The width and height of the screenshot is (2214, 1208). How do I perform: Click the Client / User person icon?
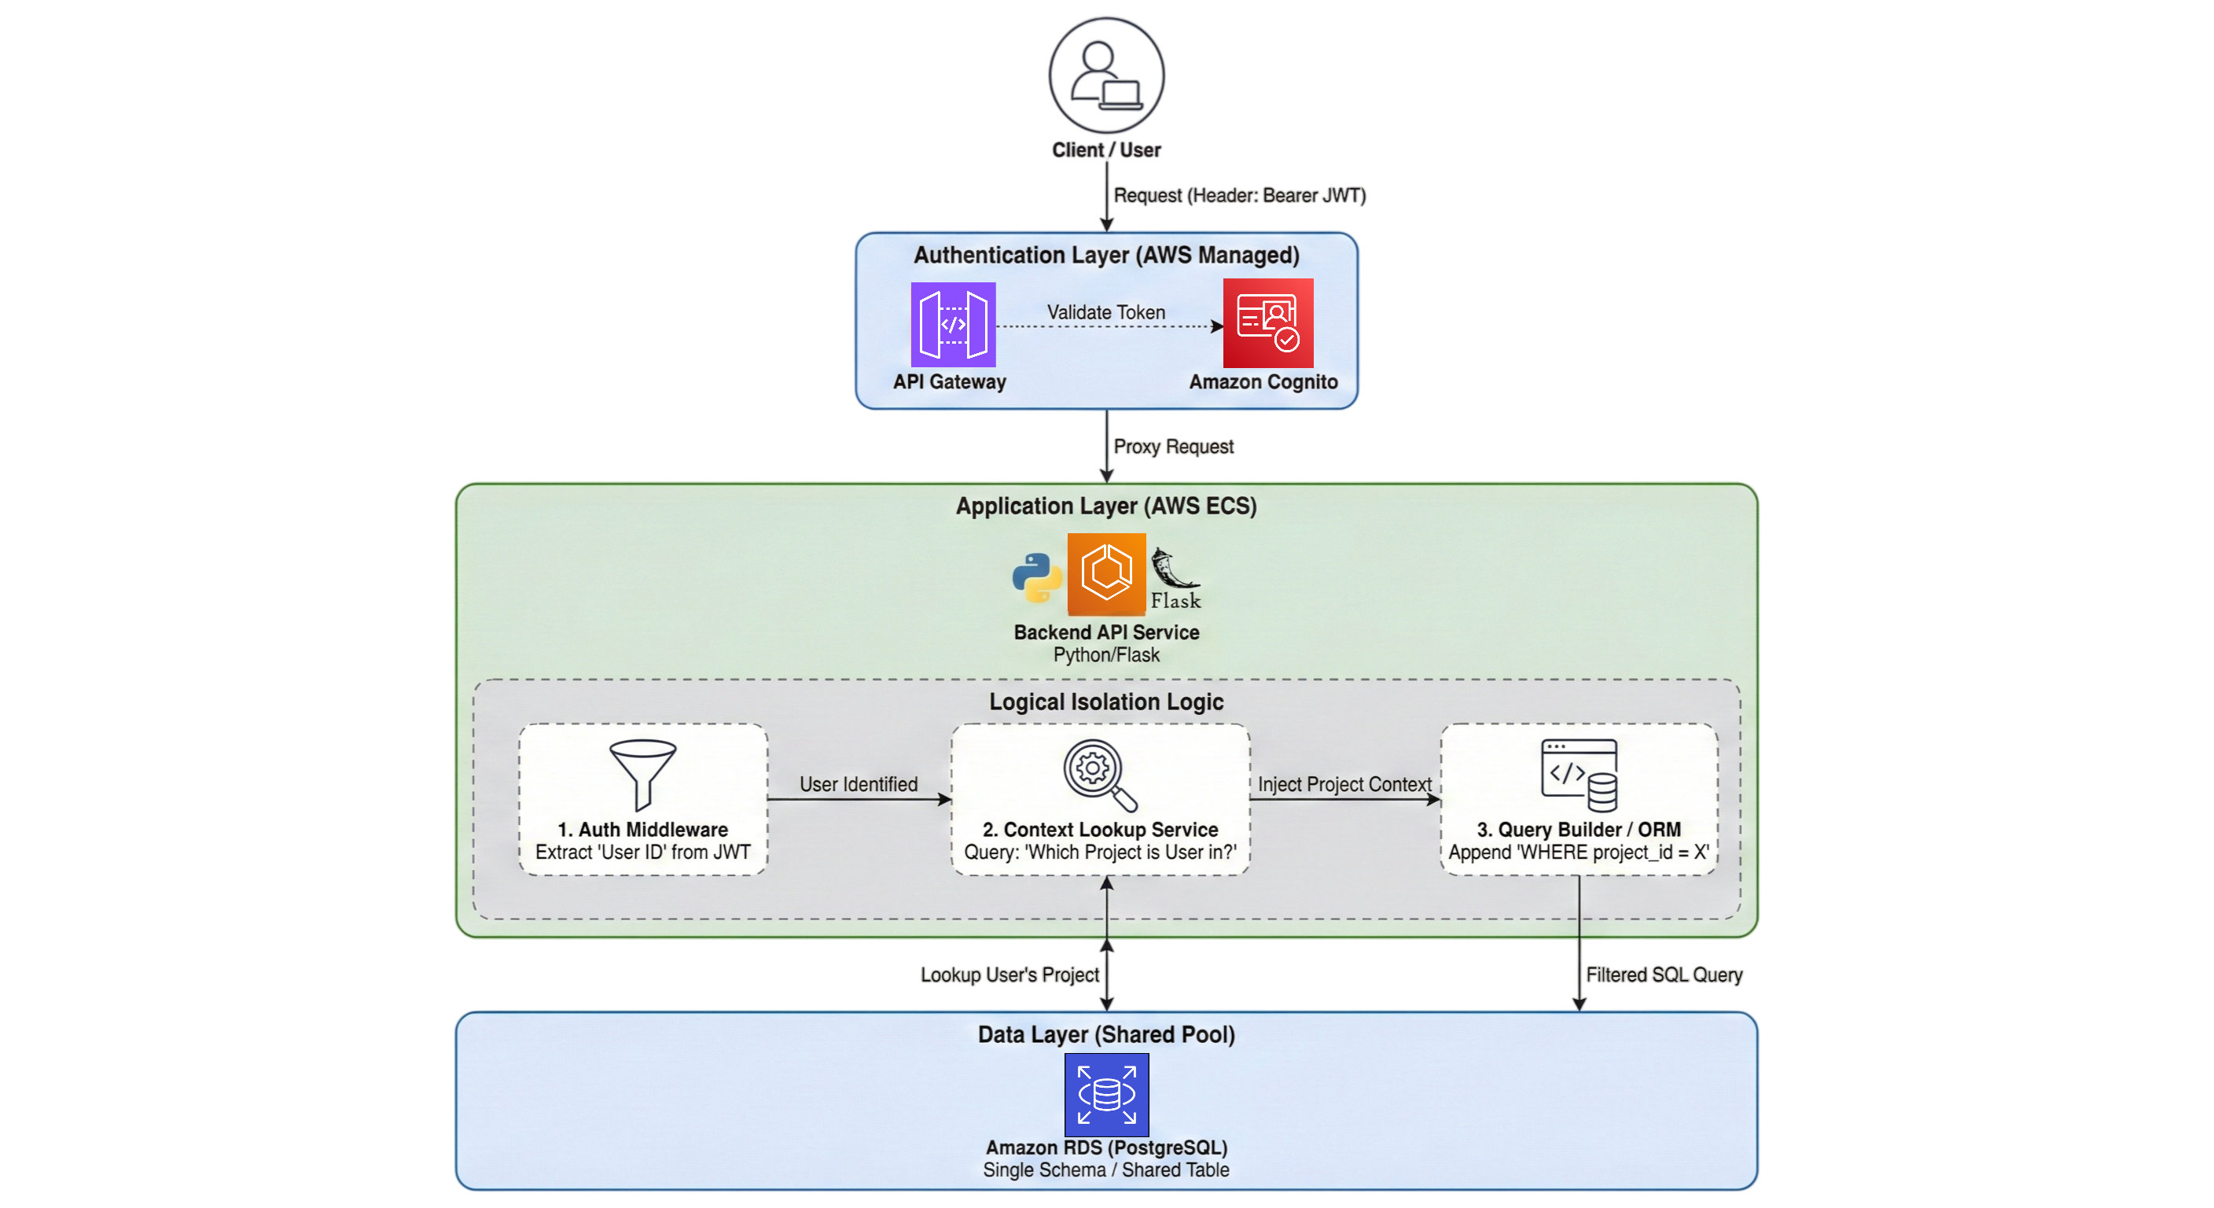tap(1106, 75)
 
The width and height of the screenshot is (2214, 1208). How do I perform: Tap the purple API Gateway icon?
tap(953, 324)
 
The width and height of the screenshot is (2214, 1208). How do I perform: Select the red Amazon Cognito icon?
tap(1267, 323)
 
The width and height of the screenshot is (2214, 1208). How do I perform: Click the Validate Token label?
tap(1106, 312)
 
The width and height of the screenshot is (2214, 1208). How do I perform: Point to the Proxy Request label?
tap(1173, 446)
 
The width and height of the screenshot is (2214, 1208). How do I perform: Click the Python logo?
tap(1037, 577)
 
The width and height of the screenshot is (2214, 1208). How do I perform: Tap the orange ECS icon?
tap(1106, 573)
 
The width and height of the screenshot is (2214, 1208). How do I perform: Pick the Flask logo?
tap(1175, 579)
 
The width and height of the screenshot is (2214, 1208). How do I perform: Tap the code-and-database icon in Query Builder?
tap(1579, 775)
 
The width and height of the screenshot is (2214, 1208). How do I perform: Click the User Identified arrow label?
tap(859, 784)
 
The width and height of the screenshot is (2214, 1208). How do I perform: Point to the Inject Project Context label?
tap(1344, 784)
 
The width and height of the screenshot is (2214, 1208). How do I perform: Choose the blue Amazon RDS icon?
tap(1106, 1095)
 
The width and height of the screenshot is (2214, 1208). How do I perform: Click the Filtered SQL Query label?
tap(1664, 974)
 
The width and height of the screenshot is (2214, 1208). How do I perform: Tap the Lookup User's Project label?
tap(1009, 974)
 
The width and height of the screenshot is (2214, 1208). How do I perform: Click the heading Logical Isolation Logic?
tap(1106, 702)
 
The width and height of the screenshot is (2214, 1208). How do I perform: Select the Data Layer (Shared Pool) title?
tap(1106, 1034)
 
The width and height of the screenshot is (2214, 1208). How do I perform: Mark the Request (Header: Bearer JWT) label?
tap(1239, 195)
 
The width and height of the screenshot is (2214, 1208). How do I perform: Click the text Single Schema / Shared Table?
tap(1106, 1169)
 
